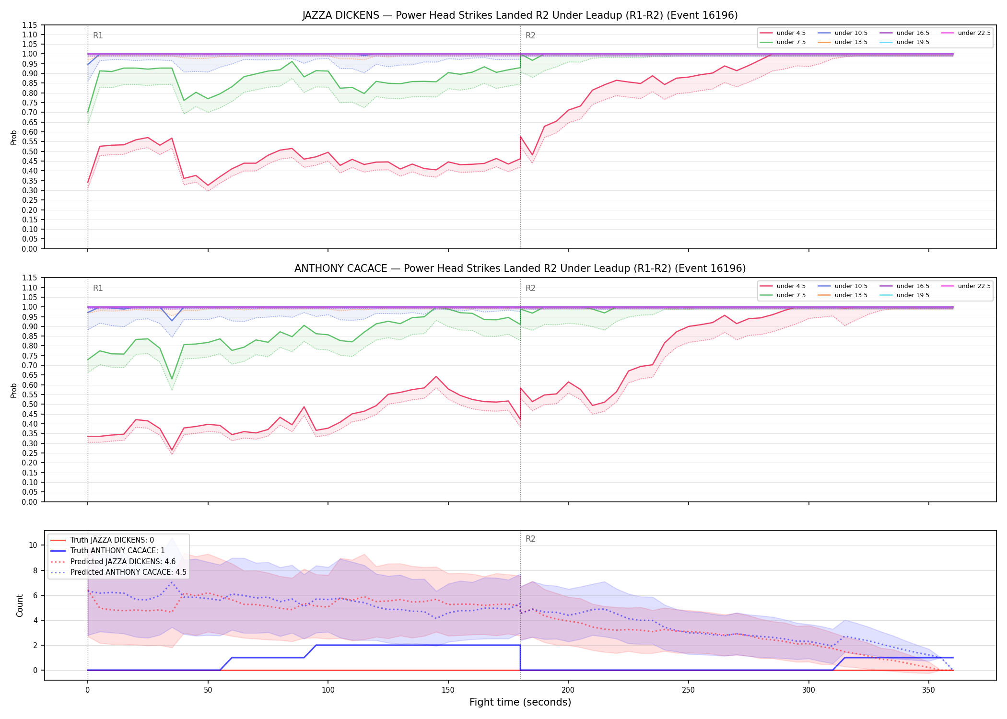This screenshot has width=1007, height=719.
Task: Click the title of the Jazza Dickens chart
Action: click(x=520, y=15)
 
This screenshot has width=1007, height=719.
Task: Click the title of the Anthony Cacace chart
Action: click(x=520, y=268)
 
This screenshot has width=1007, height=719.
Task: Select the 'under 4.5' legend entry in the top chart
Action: click(x=783, y=33)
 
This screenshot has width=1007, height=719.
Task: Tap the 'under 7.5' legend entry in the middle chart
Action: click(x=783, y=295)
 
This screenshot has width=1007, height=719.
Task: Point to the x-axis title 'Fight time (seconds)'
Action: click(x=520, y=702)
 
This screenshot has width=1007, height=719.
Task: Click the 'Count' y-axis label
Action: click(x=20, y=605)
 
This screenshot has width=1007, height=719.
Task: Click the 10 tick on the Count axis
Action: click(x=33, y=545)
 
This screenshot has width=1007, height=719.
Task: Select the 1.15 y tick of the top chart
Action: click(x=30, y=25)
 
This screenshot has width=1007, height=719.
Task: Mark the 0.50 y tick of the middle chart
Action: click(x=30, y=404)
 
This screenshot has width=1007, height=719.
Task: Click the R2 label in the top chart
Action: click(x=530, y=35)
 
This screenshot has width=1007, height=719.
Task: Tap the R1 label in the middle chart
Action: click(x=98, y=288)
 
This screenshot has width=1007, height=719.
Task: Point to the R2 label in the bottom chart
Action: click(x=530, y=539)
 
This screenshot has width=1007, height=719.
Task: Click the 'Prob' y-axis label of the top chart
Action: click(x=14, y=137)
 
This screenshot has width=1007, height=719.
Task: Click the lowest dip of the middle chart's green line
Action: click(x=172, y=379)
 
